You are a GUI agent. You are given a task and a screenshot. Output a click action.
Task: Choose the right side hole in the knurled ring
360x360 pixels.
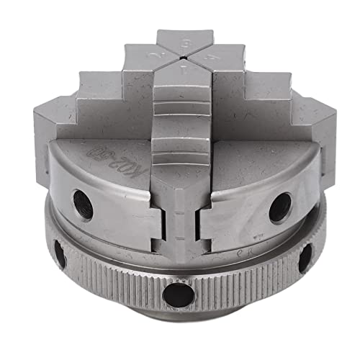click(305, 257)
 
